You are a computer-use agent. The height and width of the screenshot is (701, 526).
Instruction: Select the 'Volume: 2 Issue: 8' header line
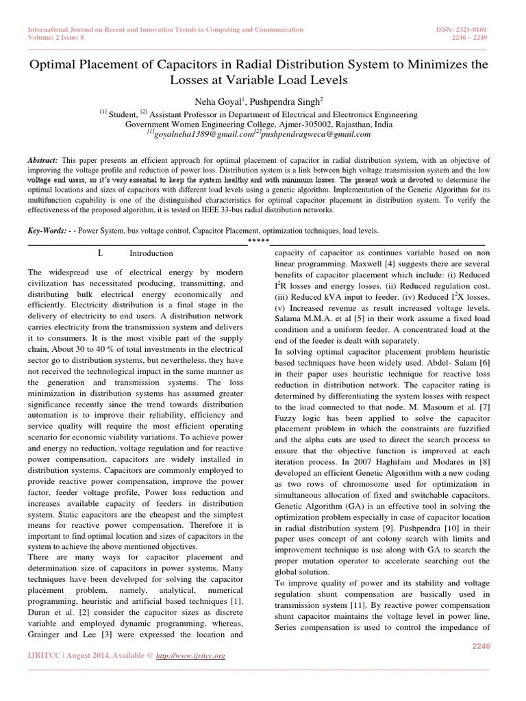click(x=58, y=38)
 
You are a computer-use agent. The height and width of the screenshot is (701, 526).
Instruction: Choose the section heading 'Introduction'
click(x=151, y=253)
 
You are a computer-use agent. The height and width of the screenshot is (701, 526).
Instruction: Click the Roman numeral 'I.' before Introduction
click(x=101, y=253)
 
